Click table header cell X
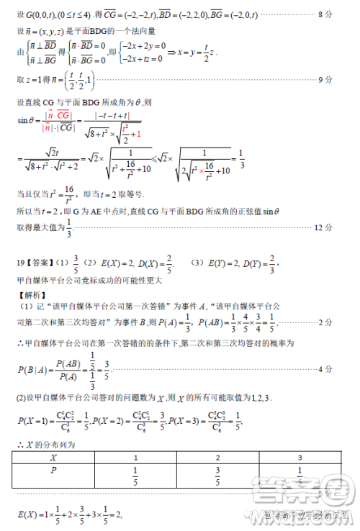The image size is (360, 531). (53, 457)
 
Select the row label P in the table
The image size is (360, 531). (53, 471)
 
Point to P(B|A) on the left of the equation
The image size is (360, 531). (32, 368)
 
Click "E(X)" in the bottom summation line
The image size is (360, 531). (28, 514)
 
